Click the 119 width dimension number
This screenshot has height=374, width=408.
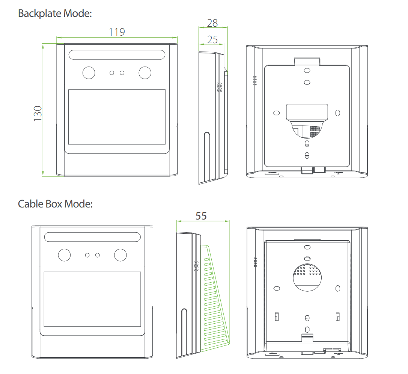tap(117, 32)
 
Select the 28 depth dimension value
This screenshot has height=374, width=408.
tap(212, 23)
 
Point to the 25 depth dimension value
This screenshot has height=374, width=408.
tap(212, 39)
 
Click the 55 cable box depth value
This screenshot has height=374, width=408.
tap(201, 216)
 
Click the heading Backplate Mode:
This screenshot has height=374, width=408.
tap(55, 14)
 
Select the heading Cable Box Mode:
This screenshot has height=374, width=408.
tap(55, 204)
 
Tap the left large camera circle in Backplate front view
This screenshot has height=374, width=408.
tap(89, 73)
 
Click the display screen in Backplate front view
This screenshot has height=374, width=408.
tap(117, 117)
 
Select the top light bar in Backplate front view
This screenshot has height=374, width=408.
tap(117, 55)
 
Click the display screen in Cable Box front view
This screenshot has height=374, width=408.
tap(92, 299)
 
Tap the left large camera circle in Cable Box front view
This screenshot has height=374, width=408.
tap(65, 255)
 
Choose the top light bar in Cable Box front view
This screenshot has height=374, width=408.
tap(92, 237)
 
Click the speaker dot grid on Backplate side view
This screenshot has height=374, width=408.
tap(219, 87)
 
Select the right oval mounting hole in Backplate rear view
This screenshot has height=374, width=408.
tap(337, 112)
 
